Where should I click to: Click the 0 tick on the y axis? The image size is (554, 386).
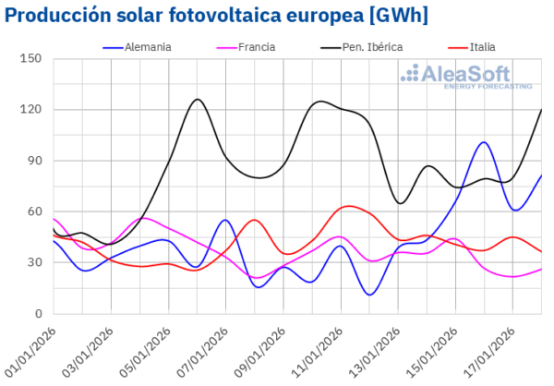tap(39, 313)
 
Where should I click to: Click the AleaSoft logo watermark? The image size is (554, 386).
tap(470, 76)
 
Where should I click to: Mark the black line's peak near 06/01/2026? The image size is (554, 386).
tap(198, 99)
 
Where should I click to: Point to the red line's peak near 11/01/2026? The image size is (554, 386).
tap(348, 206)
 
